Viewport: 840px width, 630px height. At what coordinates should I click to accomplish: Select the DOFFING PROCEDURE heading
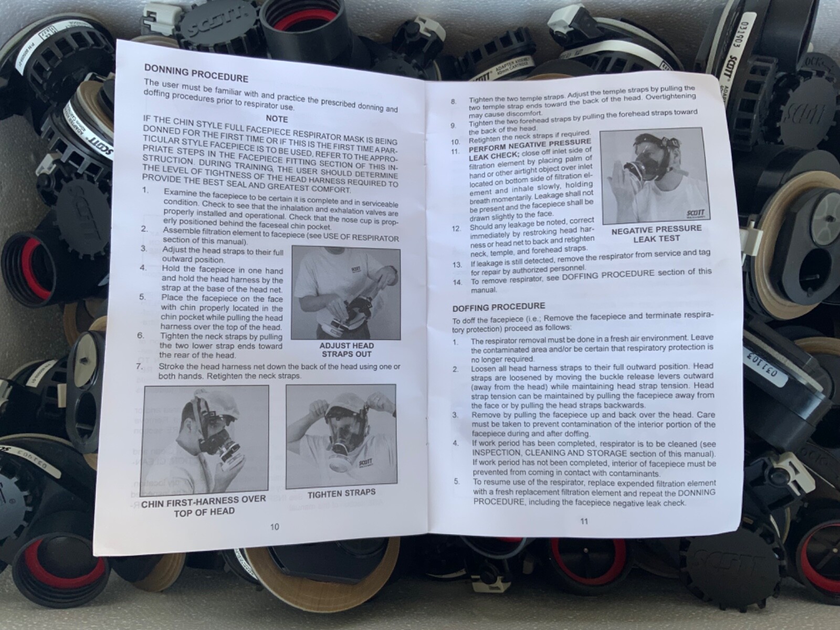pyautogui.click(x=499, y=307)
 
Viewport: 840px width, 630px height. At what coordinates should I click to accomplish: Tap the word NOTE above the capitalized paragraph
pyautogui.click(x=277, y=119)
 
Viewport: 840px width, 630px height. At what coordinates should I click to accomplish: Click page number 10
pyautogui.click(x=275, y=527)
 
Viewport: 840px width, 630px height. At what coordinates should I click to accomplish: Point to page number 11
pyautogui.click(x=584, y=521)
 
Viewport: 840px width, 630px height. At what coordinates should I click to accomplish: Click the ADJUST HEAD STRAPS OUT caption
pyautogui.click(x=346, y=350)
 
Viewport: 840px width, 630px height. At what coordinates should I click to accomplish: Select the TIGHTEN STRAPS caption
pyautogui.click(x=342, y=493)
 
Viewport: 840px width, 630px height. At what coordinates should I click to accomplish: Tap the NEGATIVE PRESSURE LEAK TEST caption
pyautogui.click(x=656, y=233)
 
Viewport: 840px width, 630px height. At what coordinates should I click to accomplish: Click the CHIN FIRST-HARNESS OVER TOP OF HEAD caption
pyautogui.click(x=204, y=505)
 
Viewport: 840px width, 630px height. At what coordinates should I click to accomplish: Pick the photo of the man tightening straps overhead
pyautogui.click(x=341, y=436)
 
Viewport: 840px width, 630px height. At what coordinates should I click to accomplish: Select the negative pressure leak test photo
pyautogui.click(x=656, y=175)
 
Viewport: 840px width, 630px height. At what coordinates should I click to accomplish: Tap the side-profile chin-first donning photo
pyautogui.click(x=206, y=439)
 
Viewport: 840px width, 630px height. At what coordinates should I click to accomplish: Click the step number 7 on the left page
pyautogui.click(x=139, y=366)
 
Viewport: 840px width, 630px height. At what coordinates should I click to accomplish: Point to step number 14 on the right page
pyautogui.click(x=457, y=282)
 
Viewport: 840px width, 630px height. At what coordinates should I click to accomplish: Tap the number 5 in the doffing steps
pyautogui.click(x=457, y=481)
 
